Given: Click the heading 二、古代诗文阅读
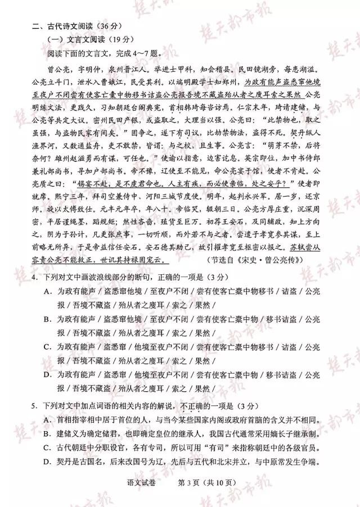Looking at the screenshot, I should click(x=67, y=26).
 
